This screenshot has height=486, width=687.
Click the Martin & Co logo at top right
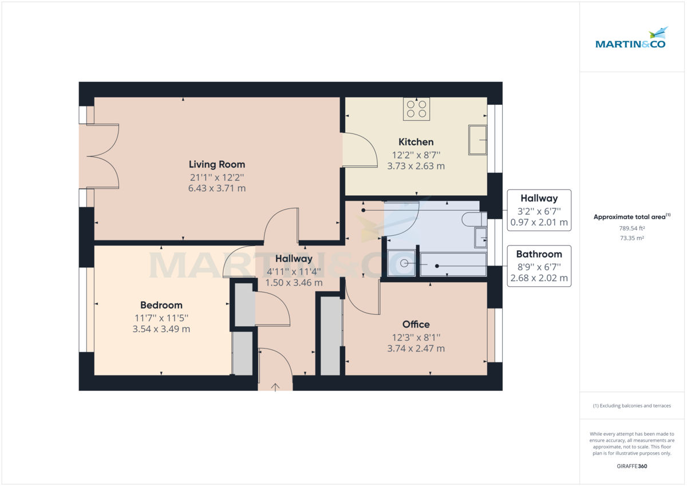[630, 38]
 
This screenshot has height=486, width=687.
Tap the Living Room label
[217, 165]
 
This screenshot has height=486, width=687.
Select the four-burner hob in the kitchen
[416, 109]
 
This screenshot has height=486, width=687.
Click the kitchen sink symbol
[477, 140]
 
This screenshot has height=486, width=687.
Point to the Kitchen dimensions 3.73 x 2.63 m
[416, 166]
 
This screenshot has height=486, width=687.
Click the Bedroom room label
[161, 305]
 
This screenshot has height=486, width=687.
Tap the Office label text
[416, 324]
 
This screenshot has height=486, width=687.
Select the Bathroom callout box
[539, 266]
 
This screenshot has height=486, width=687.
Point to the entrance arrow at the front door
[275, 387]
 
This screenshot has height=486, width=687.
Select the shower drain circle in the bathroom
[405, 263]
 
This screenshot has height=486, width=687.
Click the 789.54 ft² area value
[632, 228]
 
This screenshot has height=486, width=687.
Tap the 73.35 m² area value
[632, 238]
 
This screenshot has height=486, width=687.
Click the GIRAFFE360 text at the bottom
[632, 467]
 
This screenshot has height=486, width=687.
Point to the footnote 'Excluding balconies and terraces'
[632, 406]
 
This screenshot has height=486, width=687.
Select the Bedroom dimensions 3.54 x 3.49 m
[161, 329]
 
